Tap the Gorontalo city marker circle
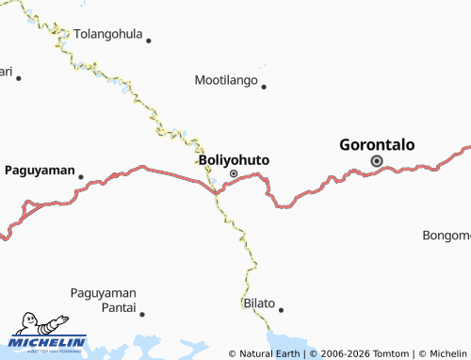(377, 161)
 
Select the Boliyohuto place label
(235, 160)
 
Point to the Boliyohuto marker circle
(234, 173)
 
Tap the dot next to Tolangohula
(149, 40)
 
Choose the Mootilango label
(226, 81)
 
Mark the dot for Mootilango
(264, 87)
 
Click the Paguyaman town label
(40, 170)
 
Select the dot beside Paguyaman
(81, 176)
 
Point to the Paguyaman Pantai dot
(143, 309)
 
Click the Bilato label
(259, 303)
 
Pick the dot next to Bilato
(281, 309)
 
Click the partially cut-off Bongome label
(447, 235)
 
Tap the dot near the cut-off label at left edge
(18, 77)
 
